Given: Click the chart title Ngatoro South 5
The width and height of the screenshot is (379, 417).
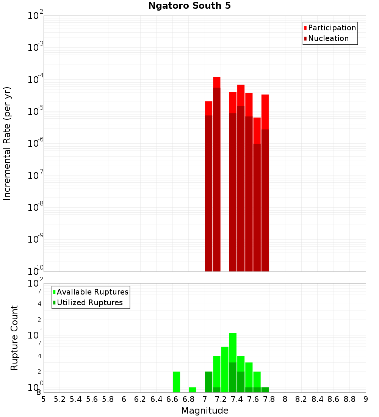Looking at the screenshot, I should pos(189,6).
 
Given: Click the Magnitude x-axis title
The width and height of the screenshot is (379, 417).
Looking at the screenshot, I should pos(205,411).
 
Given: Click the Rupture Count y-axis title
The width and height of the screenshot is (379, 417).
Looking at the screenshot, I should pos(14,338).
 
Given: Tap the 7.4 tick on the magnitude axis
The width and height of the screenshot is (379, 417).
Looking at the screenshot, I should pos(237,399).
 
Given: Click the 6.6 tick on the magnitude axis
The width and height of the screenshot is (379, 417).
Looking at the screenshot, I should pos(172,399).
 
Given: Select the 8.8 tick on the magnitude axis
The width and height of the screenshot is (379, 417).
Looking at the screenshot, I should pos(349,399).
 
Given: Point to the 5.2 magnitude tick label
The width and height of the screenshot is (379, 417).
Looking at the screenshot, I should pos(60,399).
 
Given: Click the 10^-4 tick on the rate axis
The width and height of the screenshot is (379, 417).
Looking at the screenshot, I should pos(36,80).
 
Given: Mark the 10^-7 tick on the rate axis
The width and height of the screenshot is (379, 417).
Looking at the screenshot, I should pos(36,176).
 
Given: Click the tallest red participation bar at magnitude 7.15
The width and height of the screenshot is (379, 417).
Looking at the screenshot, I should pos(217,82).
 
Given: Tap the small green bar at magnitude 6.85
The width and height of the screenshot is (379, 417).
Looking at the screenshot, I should pos(193,390).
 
